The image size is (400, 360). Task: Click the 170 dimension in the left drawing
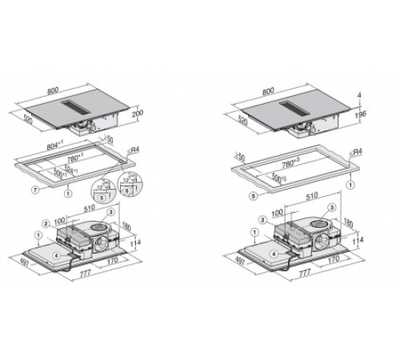click(x=112, y=259)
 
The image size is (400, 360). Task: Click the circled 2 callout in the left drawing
click(x=47, y=222)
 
